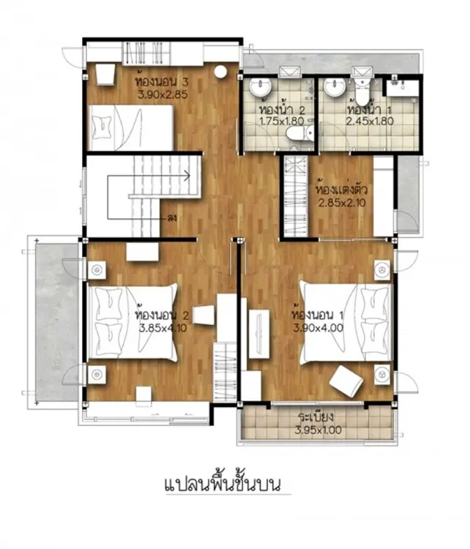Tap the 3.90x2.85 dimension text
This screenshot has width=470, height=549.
pos(163,94)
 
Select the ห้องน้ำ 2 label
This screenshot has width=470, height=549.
pos(282,109)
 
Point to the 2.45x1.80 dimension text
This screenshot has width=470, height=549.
pos(370,121)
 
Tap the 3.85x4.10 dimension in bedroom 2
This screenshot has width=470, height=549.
pos(163,328)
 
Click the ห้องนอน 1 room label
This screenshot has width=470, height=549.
pos(318,315)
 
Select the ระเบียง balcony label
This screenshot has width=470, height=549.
pos(316,417)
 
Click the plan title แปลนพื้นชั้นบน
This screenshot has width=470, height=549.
pos(223,484)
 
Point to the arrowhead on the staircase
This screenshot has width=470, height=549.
pos(187,175)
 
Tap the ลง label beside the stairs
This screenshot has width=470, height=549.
pos(172,218)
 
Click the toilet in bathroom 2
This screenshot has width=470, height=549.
pos(299,133)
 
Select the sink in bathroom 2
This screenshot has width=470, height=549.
pos(261,86)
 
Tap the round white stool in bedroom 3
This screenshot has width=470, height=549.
pos(220,72)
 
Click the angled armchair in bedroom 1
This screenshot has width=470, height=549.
pos(346,381)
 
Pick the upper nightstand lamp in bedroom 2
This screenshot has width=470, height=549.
pos(97,269)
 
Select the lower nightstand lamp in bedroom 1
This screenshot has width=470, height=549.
pos(381,375)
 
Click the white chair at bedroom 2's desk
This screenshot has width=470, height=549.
pos(204,315)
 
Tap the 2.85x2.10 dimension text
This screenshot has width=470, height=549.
pos(342,202)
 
